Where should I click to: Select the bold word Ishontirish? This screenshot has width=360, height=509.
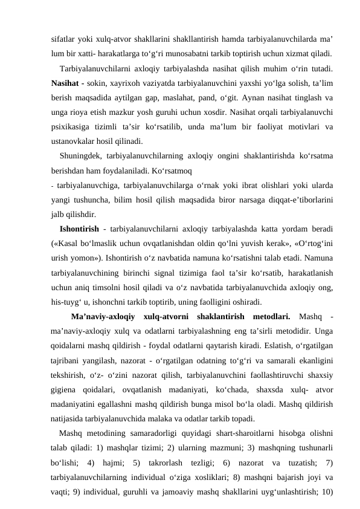point(80,228)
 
